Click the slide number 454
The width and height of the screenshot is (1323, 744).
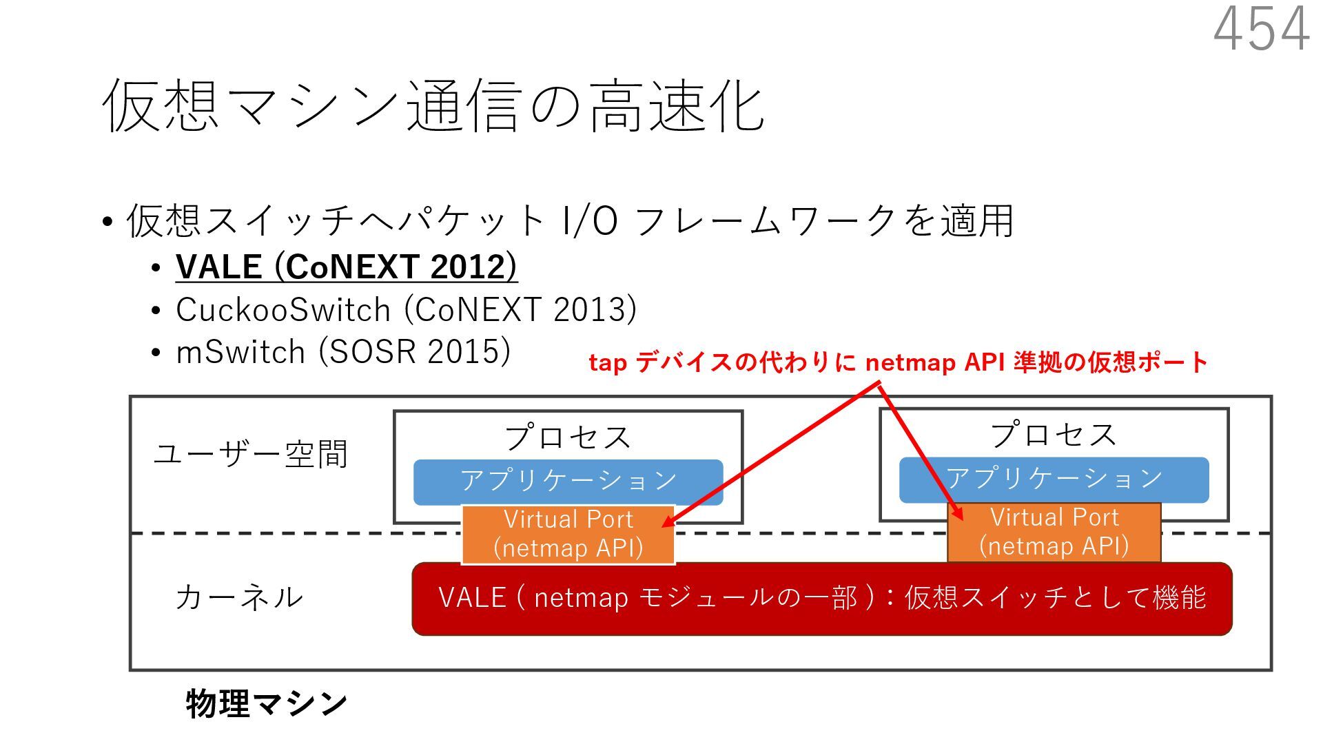coord(1261,29)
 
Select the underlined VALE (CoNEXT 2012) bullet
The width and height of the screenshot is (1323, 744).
coord(346,267)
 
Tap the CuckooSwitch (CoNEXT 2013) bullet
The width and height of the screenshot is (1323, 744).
coord(406,309)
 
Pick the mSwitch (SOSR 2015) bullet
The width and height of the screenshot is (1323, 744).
coord(343,351)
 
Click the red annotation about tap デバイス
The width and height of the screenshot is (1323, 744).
coord(898,362)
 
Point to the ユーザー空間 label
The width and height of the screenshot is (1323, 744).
coord(251,454)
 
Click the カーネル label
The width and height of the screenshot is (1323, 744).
coord(239,597)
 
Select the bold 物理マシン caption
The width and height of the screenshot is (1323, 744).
coord(267,703)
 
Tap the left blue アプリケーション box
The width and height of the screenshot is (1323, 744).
coord(568,481)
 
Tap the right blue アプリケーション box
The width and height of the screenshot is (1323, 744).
coord(1054,479)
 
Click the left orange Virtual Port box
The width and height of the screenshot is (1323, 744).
coord(568,534)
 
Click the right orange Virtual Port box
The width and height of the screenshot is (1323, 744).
coord(1054,532)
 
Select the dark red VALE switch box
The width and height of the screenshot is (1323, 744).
coord(821,598)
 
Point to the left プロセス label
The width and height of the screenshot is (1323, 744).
coord(568,437)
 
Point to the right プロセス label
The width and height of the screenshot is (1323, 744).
coord(1054,435)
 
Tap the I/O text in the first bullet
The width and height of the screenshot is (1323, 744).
coord(590,221)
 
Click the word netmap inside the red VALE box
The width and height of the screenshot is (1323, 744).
coord(581,598)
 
